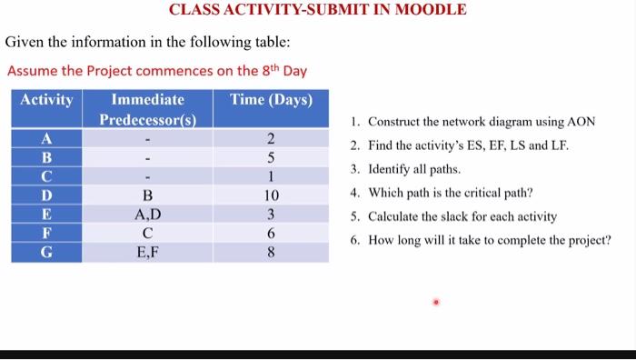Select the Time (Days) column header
[x=271, y=100]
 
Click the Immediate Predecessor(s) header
[x=147, y=110]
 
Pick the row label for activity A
[x=46, y=139]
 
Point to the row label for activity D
[x=46, y=195]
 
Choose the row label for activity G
[x=46, y=252]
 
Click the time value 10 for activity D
[x=271, y=195]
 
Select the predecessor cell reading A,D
[x=147, y=215]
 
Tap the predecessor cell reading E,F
[x=147, y=252]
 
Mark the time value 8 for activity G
[x=271, y=252]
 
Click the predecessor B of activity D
[x=147, y=195]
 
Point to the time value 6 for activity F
[x=271, y=233]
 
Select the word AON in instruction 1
[x=580, y=122]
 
